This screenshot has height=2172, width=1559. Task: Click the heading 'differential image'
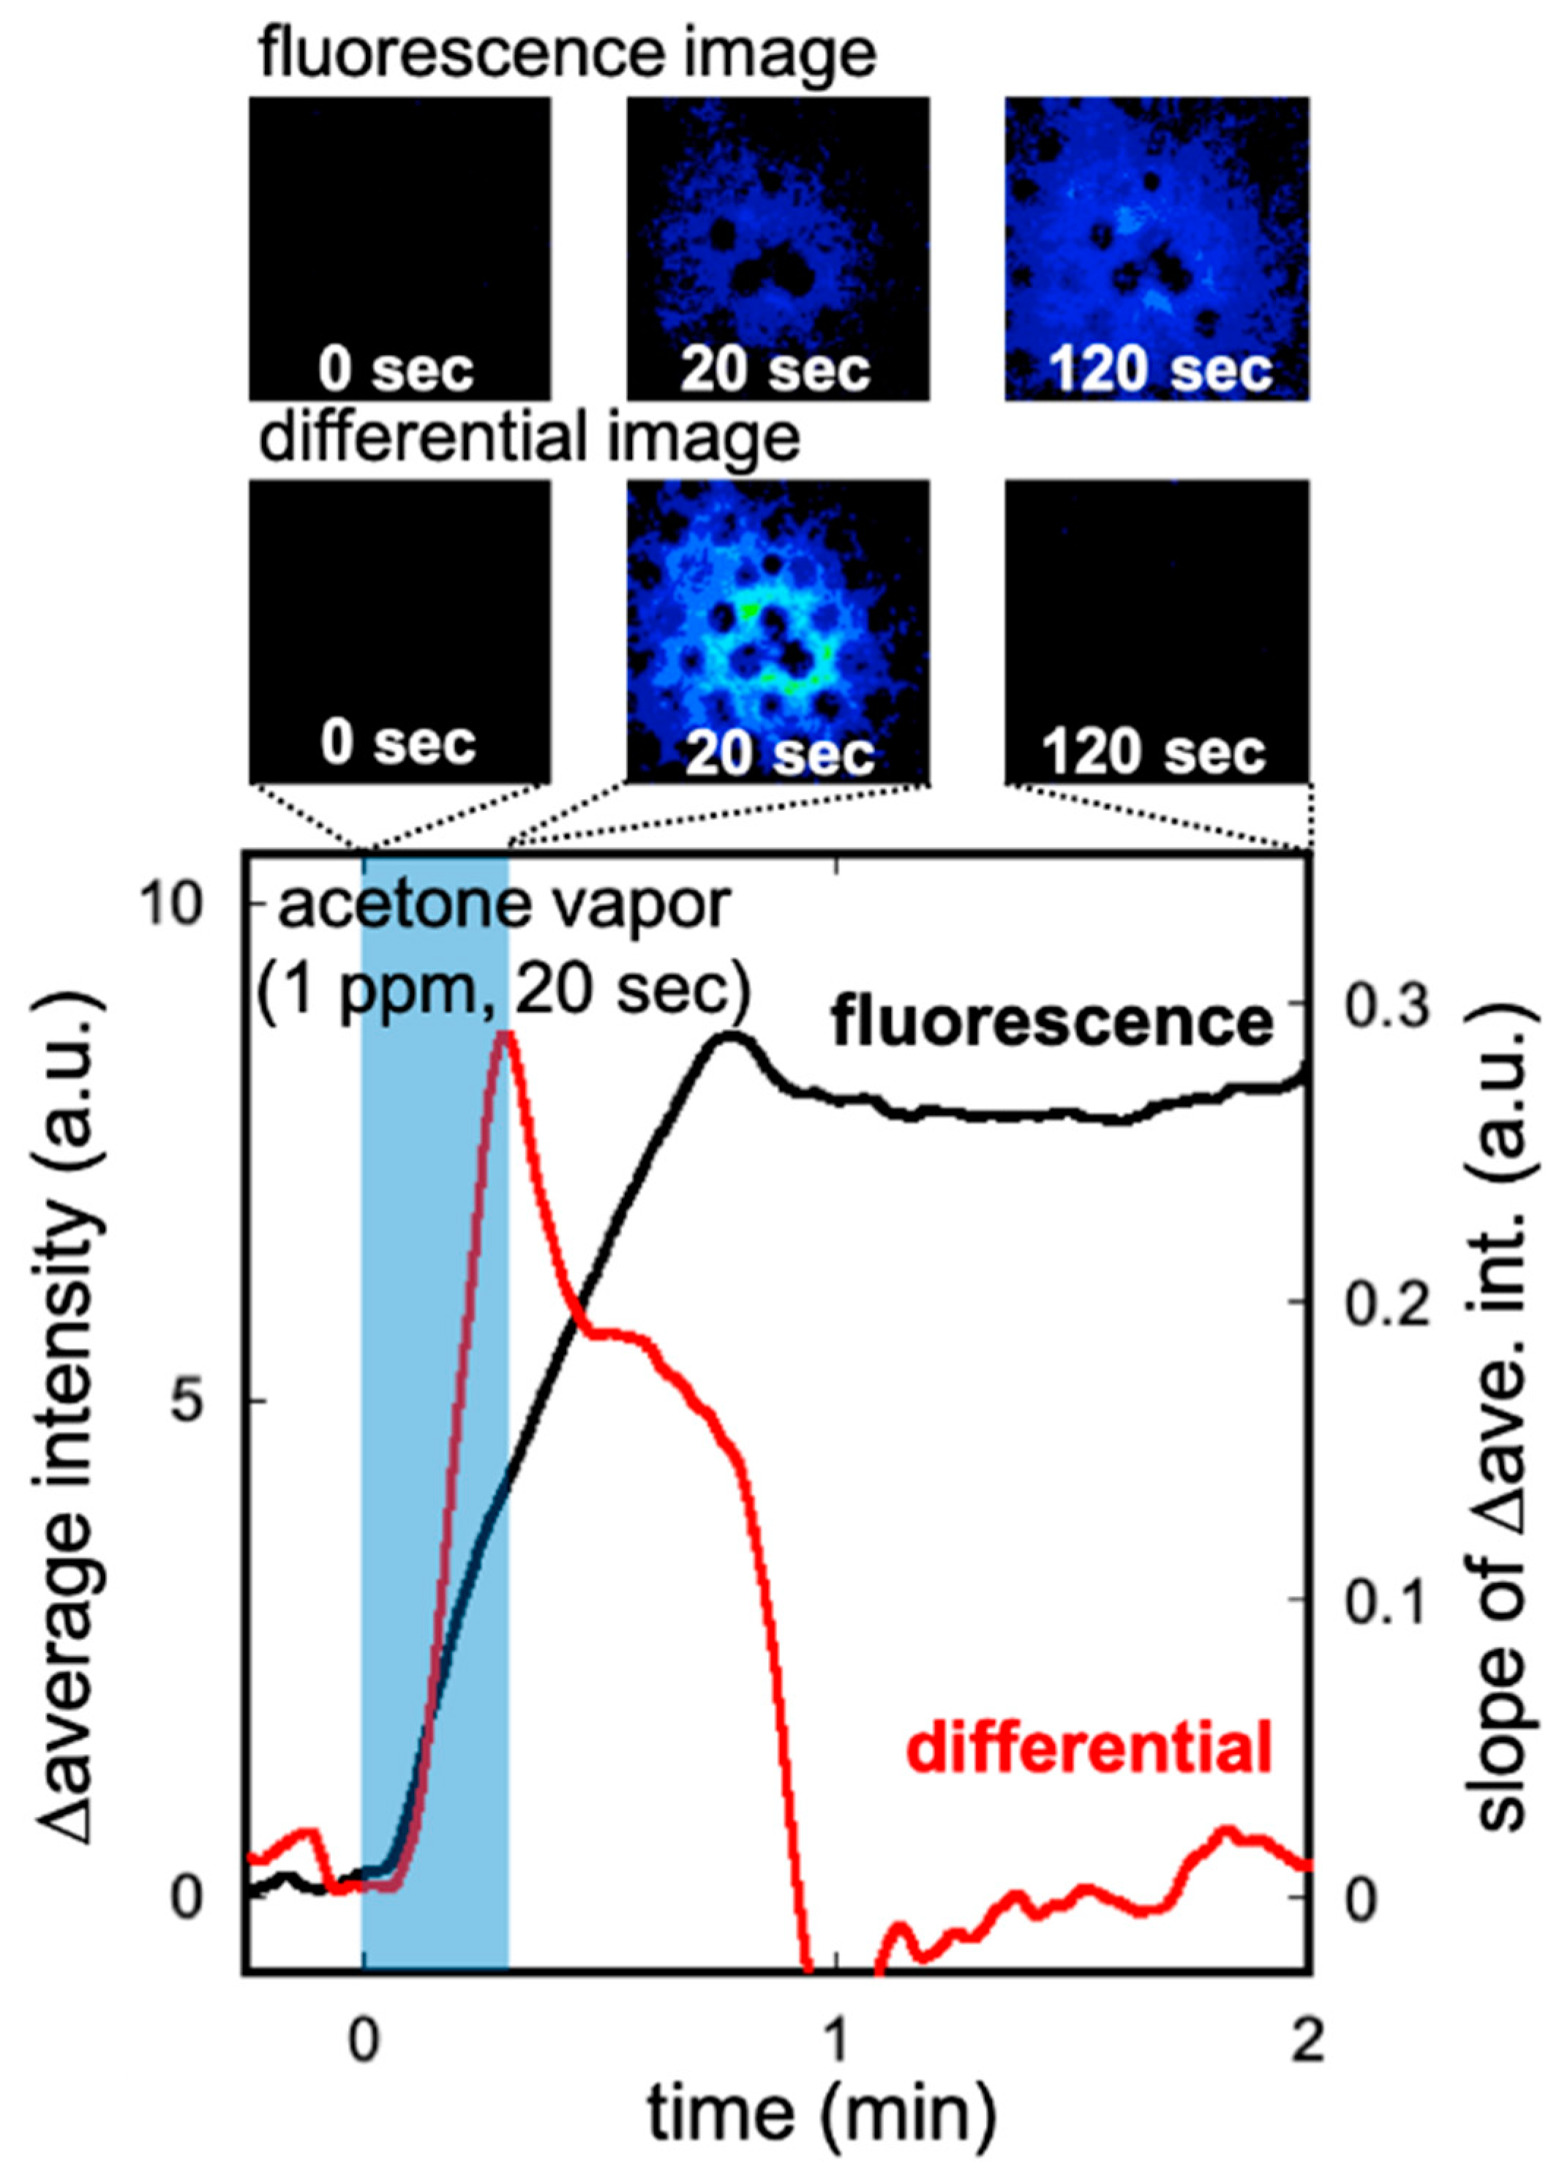pos(530,438)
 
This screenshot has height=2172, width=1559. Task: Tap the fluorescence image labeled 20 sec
pos(778,248)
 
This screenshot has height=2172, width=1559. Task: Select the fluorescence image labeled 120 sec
pos(1156,248)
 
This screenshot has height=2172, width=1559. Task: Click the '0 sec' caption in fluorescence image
pos(397,369)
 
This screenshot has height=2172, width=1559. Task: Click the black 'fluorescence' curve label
pos(1051,1023)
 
